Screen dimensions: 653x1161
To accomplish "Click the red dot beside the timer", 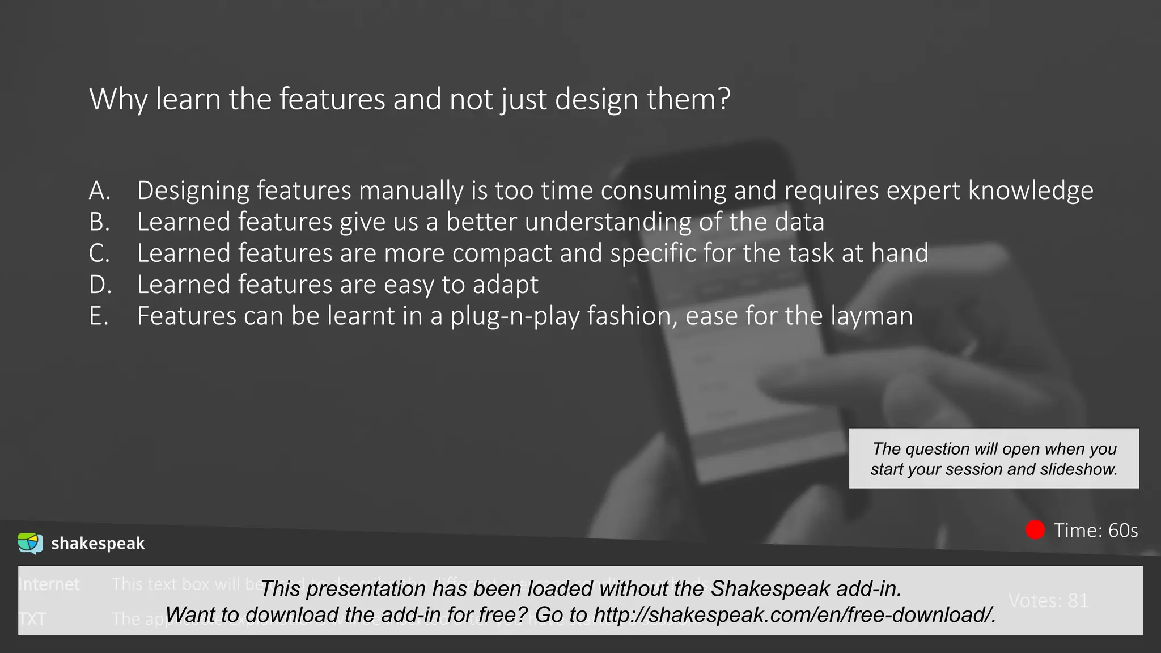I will (1035, 530).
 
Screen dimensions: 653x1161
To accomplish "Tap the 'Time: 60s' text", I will (1095, 531).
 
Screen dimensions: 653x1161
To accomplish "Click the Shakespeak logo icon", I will (30, 543).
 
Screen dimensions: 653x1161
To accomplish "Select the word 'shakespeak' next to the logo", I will (98, 544).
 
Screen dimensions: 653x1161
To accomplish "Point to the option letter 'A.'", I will (100, 190).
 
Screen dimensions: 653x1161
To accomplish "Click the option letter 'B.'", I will (100, 222).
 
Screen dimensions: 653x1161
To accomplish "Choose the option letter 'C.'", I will (100, 253).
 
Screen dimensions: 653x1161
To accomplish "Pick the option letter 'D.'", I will (100, 285).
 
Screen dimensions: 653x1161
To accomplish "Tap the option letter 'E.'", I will (99, 316).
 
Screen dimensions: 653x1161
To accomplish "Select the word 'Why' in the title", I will (118, 100).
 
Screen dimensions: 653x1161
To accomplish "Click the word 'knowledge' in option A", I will (1031, 190).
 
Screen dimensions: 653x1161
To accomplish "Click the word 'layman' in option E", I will (871, 316).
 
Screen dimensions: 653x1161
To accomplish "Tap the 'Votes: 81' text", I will (1049, 600).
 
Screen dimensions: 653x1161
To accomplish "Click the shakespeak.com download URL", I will (794, 614).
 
